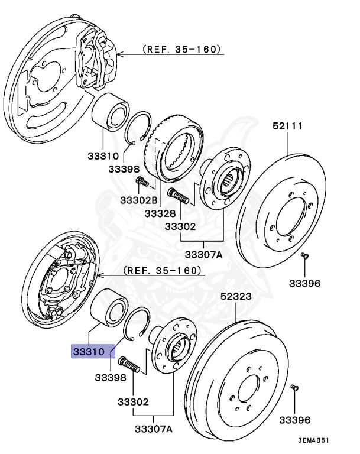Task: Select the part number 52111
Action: (288, 126)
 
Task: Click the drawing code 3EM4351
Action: (313, 440)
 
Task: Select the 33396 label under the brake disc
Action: (304, 283)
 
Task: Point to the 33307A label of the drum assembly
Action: (153, 429)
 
